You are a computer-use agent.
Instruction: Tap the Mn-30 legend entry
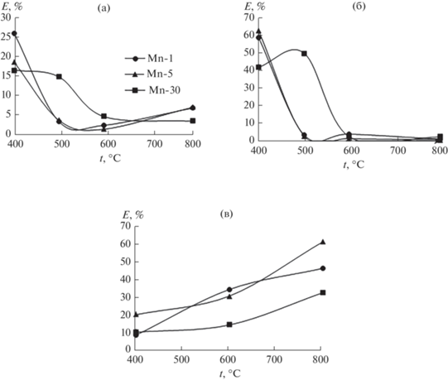152,90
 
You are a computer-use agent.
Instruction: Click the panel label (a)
104,8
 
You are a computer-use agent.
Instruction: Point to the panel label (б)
359,7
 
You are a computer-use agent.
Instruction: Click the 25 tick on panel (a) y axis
6,36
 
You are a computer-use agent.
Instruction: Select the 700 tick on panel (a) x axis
155,144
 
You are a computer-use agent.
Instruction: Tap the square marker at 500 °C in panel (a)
59,76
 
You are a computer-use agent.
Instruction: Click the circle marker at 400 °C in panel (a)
14,34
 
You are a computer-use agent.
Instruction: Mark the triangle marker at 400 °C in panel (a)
14,62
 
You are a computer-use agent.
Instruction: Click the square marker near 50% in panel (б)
304,54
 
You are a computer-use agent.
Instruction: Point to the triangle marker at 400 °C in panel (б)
258,31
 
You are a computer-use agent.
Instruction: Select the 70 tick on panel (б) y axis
248,17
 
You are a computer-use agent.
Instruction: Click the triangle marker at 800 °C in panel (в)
323,242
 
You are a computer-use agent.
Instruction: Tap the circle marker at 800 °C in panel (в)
323,268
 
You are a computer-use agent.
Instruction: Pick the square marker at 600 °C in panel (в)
229,325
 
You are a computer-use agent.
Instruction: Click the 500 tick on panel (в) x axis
181,359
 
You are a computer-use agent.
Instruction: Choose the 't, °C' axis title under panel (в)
230,373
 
